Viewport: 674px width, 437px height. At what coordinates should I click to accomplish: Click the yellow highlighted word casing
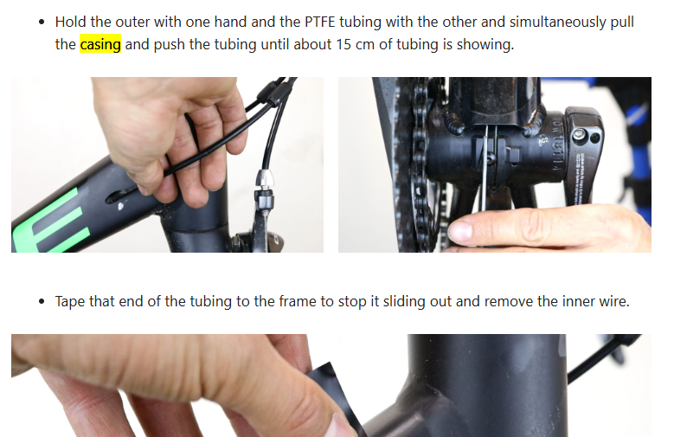point(100,44)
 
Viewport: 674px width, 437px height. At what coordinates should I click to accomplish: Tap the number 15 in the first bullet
point(343,44)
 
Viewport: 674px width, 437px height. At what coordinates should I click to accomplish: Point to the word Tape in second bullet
point(70,301)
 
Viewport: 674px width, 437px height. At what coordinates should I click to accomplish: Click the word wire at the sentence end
point(614,301)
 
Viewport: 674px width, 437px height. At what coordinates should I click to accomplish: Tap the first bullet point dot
point(42,22)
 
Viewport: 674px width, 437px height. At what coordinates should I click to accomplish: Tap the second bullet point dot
point(42,301)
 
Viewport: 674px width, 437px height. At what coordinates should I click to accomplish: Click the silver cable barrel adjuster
point(264,179)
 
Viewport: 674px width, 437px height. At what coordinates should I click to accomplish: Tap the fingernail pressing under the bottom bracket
point(459,231)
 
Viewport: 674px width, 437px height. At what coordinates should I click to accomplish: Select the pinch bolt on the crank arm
point(579,137)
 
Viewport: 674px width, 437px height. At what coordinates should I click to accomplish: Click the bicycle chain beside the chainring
point(419,164)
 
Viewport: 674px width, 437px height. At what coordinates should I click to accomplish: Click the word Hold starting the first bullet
point(71,22)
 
